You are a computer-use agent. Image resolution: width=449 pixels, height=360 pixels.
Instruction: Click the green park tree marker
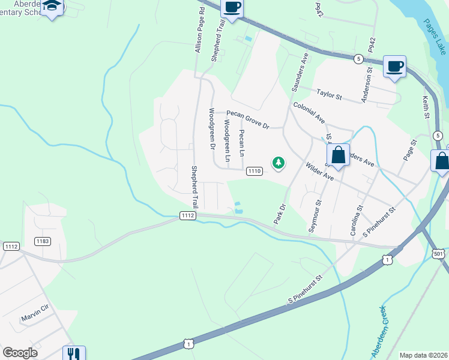(278, 162)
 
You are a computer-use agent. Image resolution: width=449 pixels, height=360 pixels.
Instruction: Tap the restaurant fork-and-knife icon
(74, 354)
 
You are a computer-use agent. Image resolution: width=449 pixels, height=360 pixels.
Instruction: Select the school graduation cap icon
(53, 7)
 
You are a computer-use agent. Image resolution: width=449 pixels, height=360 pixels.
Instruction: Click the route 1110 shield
(254, 172)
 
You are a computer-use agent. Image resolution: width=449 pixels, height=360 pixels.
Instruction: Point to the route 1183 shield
(43, 241)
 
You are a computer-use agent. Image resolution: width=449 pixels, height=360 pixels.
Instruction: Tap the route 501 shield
(439, 254)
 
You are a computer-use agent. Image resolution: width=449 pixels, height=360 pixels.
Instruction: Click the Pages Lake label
(433, 37)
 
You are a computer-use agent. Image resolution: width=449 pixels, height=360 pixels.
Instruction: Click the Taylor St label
(329, 95)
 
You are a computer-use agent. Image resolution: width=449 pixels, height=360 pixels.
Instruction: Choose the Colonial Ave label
(309, 112)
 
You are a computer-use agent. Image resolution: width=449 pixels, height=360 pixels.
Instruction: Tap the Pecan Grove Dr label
(247, 119)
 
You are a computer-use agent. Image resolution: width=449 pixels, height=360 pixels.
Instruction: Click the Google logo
(20, 353)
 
